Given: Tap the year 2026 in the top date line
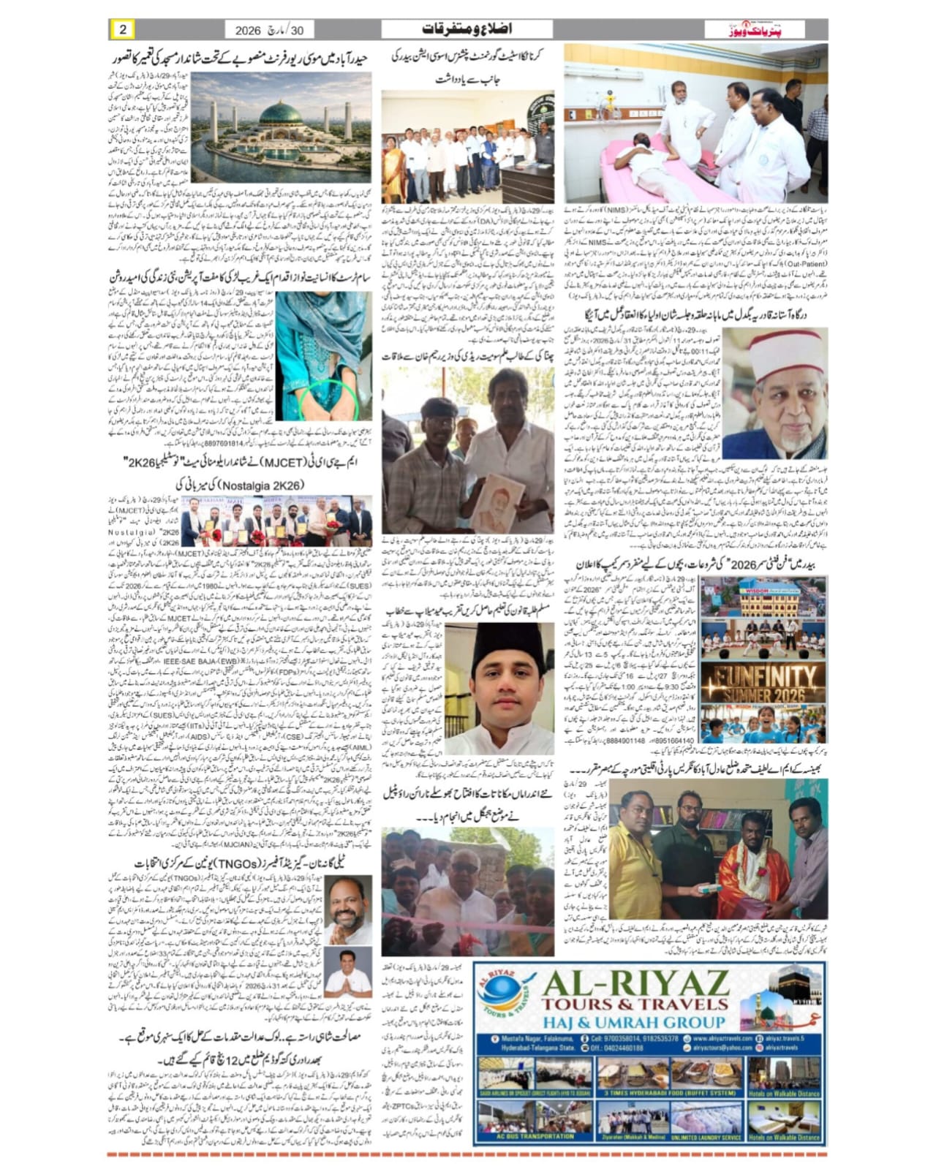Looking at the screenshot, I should pyautogui.click(x=252, y=31).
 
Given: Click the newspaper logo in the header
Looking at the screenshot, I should pyautogui.click(x=755, y=30).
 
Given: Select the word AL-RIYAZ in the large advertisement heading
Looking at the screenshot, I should pyautogui.click(x=636, y=980).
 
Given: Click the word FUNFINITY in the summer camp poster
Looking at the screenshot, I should pyautogui.click(x=764, y=676).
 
